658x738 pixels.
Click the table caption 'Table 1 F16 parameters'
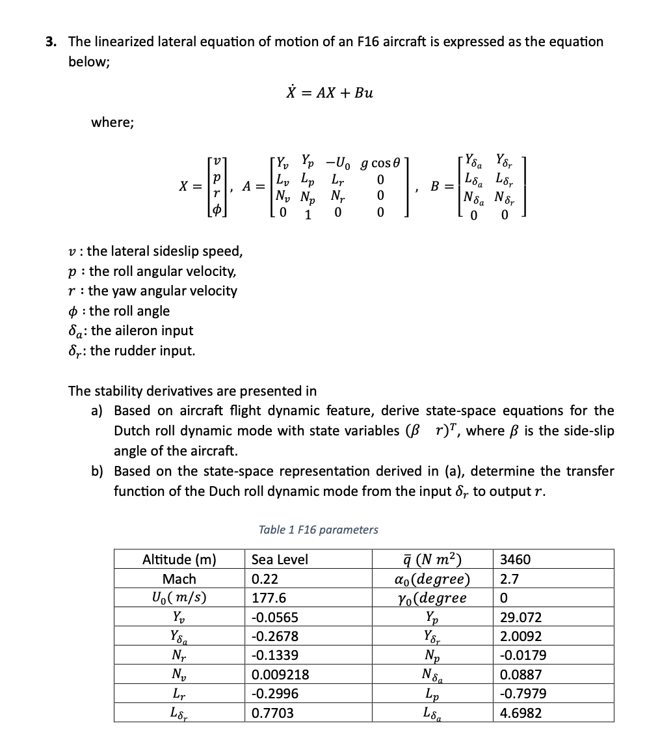click(x=318, y=529)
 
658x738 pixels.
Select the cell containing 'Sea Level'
click(x=280, y=560)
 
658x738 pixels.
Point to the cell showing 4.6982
click(x=521, y=713)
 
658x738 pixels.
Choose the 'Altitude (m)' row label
click(x=179, y=560)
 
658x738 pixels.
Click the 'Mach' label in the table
click(x=179, y=579)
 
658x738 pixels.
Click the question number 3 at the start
click(x=50, y=42)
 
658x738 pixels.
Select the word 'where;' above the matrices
click(x=112, y=122)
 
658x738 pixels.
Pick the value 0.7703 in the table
click(x=272, y=713)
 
